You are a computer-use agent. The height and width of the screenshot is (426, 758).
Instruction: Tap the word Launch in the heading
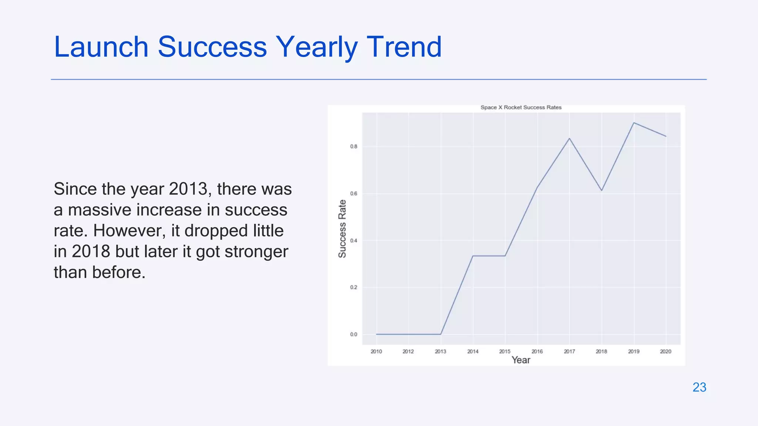(x=101, y=47)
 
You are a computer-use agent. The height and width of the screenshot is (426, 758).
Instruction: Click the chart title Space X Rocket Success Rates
(x=521, y=108)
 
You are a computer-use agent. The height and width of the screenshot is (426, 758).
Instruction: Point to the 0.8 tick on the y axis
(x=353, y=147)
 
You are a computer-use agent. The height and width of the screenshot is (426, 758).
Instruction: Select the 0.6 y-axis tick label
(x=353, y=194)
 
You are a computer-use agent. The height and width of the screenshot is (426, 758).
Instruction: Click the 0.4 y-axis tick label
(x=353, y=241)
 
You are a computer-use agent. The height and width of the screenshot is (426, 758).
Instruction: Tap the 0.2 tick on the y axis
(x=353, y=287)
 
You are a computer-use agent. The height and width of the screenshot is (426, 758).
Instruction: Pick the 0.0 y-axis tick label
(x=353, y=334)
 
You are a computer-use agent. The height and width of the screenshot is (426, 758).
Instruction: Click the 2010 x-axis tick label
(x=376, y=351)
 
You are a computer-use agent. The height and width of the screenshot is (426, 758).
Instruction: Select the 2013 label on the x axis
(x=440, y=351)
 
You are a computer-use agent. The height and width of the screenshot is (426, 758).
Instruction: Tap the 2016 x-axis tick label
(x=537, y=351)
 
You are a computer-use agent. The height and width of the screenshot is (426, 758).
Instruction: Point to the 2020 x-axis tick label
(x=665, y=351)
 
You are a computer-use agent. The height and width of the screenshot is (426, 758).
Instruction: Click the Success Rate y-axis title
(x=342, y=229)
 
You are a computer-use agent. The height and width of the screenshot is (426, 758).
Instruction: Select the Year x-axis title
(x=521, y=360)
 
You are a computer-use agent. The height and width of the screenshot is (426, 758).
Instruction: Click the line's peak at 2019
(x=634, y=123)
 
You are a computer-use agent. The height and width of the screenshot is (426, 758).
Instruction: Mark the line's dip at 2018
(x=602, y=190)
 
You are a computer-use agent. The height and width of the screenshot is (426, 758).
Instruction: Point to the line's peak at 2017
(x=569, y=139)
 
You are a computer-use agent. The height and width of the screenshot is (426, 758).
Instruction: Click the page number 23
(x=699, y=387)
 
